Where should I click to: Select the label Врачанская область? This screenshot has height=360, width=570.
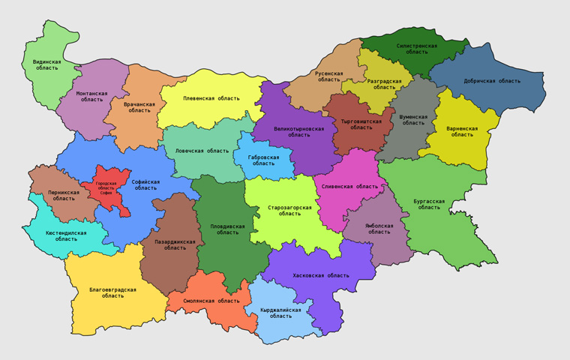click(x=139, y=107)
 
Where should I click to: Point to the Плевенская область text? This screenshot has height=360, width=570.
click(x=211, y=98)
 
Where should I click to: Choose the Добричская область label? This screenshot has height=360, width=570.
click(x=492, y=81)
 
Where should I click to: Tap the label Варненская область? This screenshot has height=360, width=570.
click(x=462, y=131)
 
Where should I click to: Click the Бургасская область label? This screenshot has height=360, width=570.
click(x=429, y=204)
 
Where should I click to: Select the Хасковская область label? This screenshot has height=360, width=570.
click(x=320, y=275)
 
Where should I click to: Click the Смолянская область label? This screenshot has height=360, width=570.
click(x=213, y=301)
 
